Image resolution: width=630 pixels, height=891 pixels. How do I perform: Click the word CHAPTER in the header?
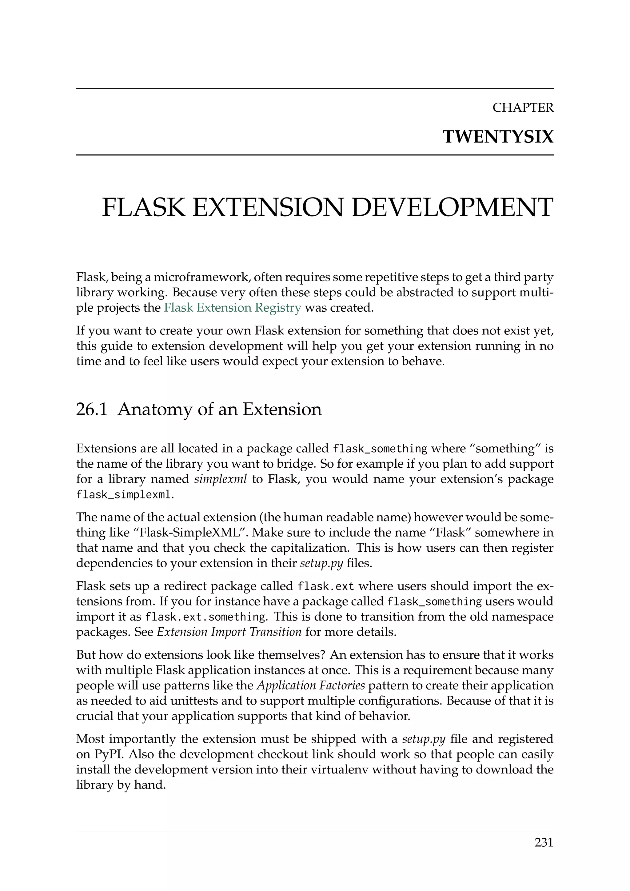(x=523, y=107)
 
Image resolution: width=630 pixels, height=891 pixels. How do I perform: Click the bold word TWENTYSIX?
(x=498, y=137)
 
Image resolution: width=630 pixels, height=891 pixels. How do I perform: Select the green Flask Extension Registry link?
(x=232, y=308)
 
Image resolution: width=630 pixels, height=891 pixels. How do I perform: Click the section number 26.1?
(x=92, y=410)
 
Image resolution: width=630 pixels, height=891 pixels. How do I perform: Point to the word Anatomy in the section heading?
(x=155, y=410)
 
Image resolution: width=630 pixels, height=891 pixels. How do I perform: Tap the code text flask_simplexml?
(x=123, y=495)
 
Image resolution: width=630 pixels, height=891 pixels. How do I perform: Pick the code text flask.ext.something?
(x=205, y=617)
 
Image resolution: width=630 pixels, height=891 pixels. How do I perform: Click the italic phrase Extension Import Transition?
(x=229, y=632)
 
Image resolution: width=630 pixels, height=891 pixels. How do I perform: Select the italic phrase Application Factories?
(x=311, y=685)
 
